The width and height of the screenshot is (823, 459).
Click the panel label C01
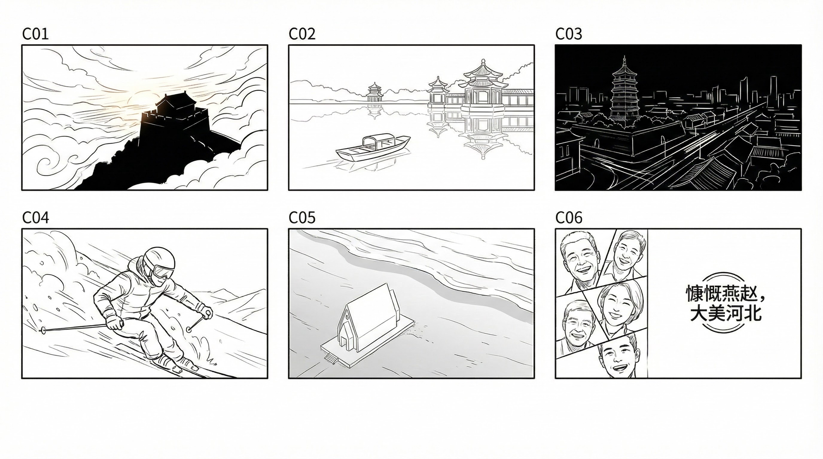point(35,34)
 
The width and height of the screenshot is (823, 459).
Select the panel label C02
point(302,34)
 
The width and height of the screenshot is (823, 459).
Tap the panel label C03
point(569,34)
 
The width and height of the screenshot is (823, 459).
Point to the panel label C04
point(35,218)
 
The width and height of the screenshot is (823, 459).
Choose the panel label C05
point(302,218)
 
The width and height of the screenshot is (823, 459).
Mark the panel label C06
point(569,218)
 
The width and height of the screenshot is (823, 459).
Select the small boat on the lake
point(373,148)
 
